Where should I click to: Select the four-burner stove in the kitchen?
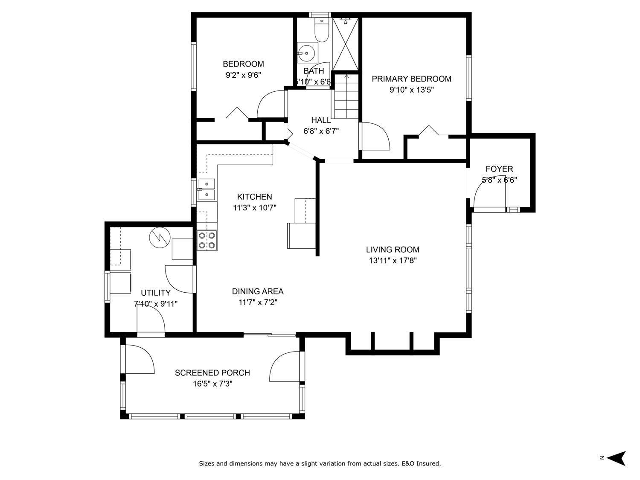point(207,240)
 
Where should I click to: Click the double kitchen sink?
point(207,189)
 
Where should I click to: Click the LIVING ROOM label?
point(393,250)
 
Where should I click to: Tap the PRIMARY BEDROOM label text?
point(411,79)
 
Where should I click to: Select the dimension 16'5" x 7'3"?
point(212,384)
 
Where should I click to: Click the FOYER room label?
point(499,169)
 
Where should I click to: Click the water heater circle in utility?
point(160,238)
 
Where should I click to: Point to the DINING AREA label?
point(258,291)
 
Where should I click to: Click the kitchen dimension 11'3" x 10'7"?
point(255,208)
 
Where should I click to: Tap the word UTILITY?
point(156,293)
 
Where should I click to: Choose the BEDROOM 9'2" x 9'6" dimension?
point(243,75)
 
